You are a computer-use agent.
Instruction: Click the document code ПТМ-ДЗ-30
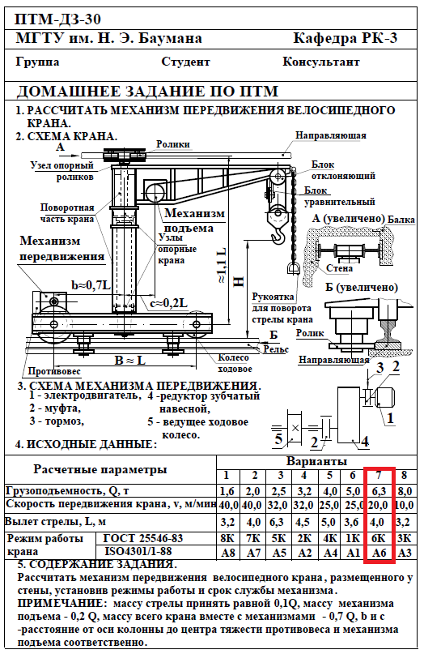(58, 19)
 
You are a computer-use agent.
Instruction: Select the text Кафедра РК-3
(346, 38)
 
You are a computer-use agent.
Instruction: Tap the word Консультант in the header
(320, 62)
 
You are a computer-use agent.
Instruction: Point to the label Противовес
(54, 371)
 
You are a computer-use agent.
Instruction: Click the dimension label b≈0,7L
(91, 285)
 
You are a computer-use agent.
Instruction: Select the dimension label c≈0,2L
(168, 303)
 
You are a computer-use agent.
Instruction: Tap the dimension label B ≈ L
(130, 360)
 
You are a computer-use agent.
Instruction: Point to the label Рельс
(276, 349)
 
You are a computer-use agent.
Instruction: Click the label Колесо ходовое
(235, 363)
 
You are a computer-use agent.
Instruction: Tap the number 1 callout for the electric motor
(390, 418)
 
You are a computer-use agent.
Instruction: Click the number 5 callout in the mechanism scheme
(278, 438)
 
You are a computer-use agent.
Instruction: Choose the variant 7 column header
(379, 475)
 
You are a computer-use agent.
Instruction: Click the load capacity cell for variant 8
(405, 491)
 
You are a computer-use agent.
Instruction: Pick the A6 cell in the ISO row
(379, 553)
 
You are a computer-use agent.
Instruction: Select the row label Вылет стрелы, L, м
(56, 522)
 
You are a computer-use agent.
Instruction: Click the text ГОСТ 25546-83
(143, 538)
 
